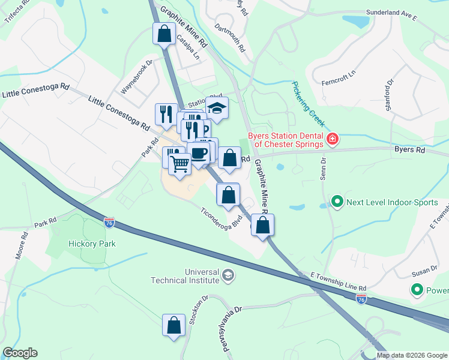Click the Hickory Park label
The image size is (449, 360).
92,244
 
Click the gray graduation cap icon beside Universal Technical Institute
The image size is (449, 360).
228,275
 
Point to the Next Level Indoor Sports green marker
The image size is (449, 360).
337,202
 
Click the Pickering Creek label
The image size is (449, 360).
309,104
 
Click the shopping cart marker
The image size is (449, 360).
179,163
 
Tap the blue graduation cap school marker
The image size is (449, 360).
217,108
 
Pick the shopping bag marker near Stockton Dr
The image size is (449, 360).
173,325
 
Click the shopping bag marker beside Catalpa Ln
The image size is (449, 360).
164,34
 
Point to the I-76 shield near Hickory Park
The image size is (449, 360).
109,223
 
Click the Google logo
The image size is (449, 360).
20,353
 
